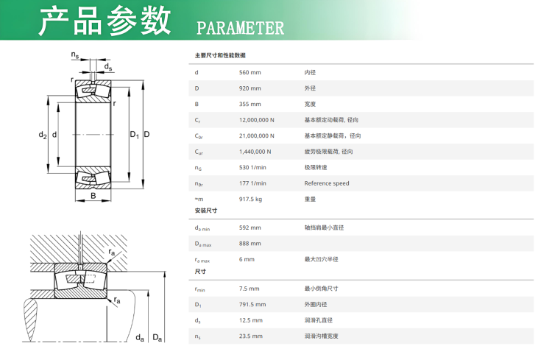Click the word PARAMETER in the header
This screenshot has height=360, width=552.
tap(240, 28)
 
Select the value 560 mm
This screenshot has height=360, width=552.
tap(250, 73)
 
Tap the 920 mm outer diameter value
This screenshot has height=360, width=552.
tap(250, 88)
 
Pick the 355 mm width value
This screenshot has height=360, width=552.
tap(250, 105)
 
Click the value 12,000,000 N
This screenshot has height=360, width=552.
tap(257, 120)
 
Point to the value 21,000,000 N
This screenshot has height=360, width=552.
tap(257, 136)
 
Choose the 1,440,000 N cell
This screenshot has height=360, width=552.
tap(255, 152)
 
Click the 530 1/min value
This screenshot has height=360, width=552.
tap(252, 168)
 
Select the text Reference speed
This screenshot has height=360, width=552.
tap(327, 183)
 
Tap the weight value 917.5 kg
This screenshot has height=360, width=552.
tap(251, 200)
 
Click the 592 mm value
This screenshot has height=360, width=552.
tap(250, 228)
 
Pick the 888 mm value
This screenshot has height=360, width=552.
tap(250, 244)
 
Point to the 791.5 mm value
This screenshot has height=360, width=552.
tap(252, 305)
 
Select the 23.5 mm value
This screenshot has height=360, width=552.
tap(251, 336)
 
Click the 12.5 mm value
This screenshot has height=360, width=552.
tap(251, 320)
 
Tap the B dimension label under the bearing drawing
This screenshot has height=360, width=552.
tap(93, 196)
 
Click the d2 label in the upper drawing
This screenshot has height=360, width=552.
tap(43, 135)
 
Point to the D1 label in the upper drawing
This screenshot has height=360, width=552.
tap(135, 135)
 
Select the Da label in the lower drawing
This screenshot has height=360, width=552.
tap(158, 338)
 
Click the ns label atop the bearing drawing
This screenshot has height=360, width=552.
tap(75, 55)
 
